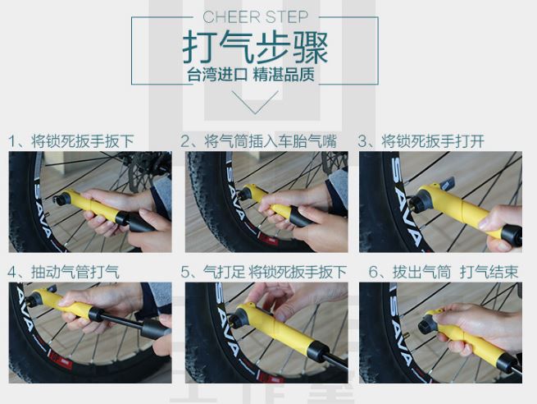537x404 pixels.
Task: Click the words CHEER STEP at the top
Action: (x=255, y=17)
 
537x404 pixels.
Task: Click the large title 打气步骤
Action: (x=255, y=48)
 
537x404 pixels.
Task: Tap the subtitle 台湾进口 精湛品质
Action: (x=251, y=74)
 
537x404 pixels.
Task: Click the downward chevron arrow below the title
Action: (x=255, y=102)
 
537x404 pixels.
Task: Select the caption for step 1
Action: (x=71, y=141)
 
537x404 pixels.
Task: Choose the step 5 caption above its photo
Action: (x=264, y=272)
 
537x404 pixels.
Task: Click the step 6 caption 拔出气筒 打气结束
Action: (x=444, y=272)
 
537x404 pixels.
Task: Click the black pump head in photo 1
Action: (x=62, y=199)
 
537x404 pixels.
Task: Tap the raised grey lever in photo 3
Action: (x=447, y=183)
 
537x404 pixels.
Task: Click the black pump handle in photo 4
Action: (x=155, y=328)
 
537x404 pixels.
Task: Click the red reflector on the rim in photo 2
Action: (x=268, y=239)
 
